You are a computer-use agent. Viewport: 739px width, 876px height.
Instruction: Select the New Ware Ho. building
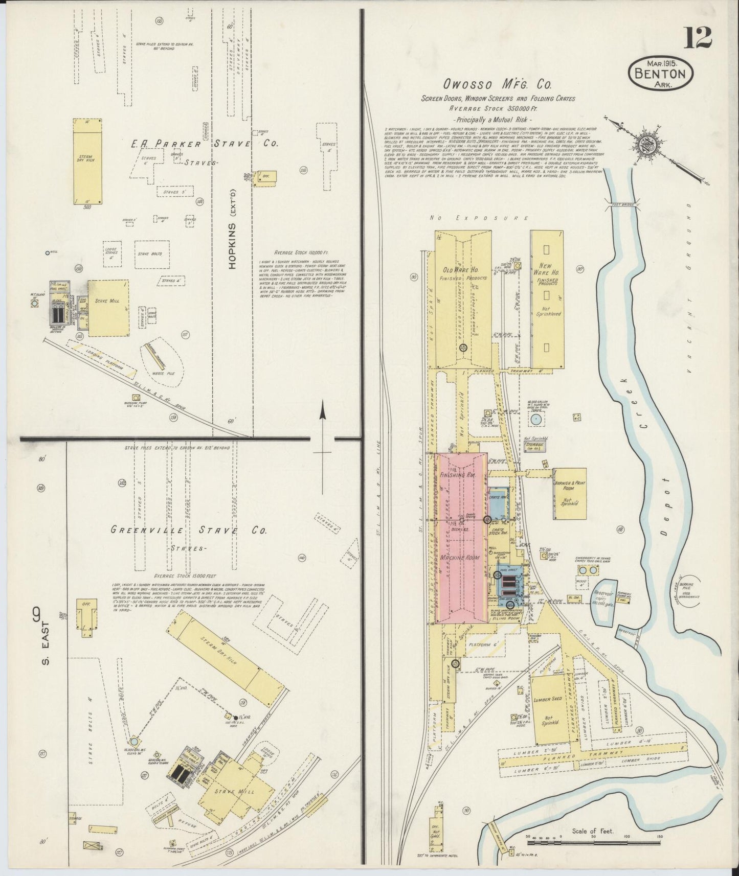point(547,299)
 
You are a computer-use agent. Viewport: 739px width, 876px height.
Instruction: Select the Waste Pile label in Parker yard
point(164,374)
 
